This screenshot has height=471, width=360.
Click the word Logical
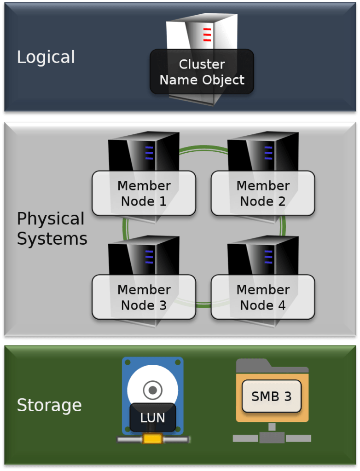46,57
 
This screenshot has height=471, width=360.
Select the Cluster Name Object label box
202,72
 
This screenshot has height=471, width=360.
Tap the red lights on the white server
207,34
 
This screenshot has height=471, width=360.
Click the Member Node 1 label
144,193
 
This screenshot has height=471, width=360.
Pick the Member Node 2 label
263,193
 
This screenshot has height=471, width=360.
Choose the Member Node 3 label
144,297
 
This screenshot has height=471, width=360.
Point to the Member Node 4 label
263,297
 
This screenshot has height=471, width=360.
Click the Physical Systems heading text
52,229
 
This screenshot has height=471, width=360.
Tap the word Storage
49,405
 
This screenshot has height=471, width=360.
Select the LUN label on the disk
152,418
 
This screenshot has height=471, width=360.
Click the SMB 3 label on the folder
271,396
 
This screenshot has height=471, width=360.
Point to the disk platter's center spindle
152,390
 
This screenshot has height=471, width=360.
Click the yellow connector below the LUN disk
152,439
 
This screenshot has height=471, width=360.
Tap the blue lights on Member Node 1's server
149,153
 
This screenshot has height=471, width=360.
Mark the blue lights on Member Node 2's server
268,153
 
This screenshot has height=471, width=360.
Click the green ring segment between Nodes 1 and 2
203,148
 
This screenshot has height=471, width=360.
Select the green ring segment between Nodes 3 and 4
203,305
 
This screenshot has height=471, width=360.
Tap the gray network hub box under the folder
272,438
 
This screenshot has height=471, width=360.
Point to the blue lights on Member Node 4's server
268,257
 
